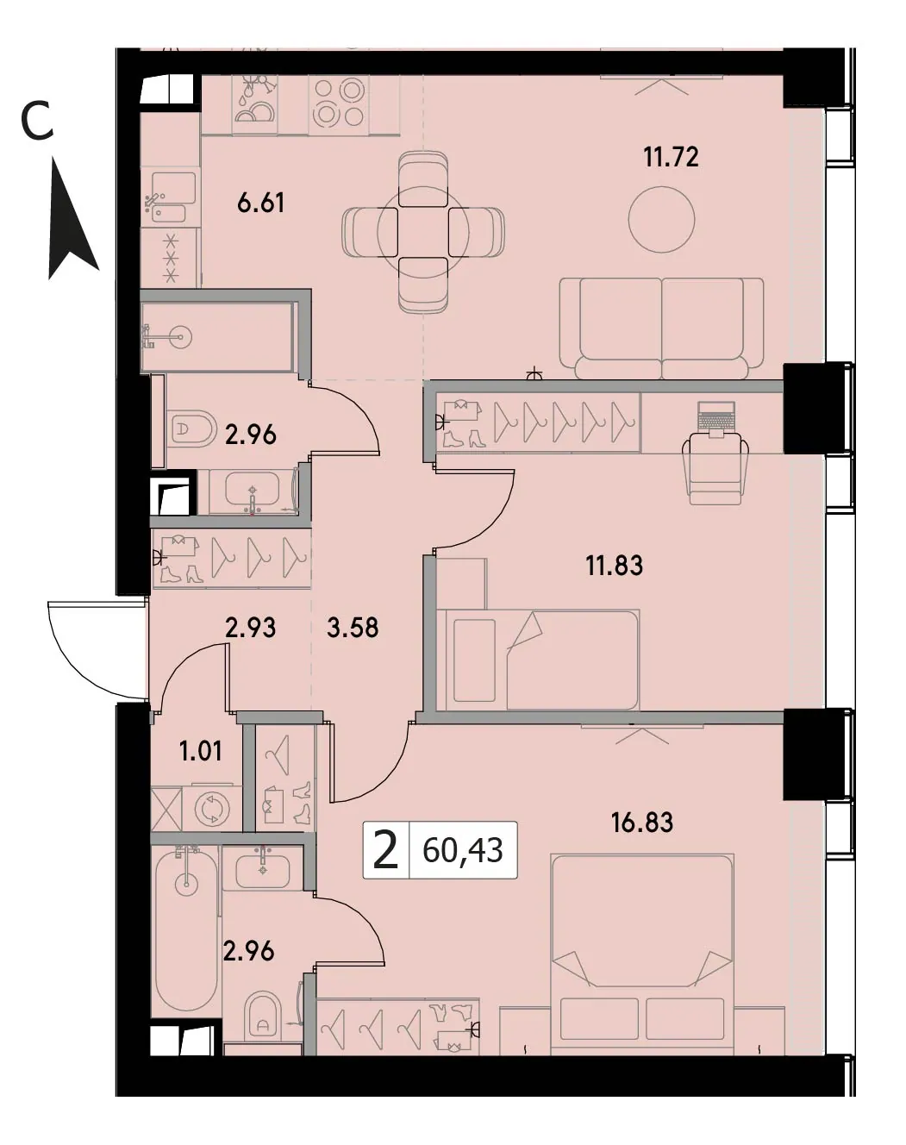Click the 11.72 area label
671,157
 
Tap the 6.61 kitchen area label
260,203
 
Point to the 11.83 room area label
614,565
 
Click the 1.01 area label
201,751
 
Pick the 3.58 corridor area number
353,628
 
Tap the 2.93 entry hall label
250,628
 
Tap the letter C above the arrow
37,122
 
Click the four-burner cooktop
339,103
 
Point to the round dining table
423,232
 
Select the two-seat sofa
661,328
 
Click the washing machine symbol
212,810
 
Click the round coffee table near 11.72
661,219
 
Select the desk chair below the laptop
715,469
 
